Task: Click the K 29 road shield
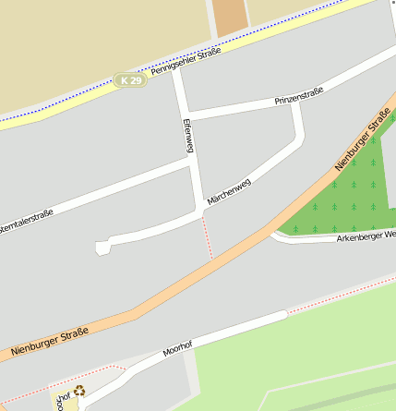(131, 81)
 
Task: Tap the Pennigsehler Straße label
(186, 65)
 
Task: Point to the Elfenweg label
(188, 136)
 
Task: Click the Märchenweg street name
(228, 191)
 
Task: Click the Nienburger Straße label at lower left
(51, 341)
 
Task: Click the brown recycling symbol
(79, 391)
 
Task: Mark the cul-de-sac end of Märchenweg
(102, 247)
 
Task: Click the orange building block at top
(230, 17)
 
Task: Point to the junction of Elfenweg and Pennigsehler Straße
(176, 73)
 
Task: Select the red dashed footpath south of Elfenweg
(207, 236)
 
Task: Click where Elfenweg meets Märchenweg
(202, 209)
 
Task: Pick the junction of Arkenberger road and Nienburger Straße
(273, 232)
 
